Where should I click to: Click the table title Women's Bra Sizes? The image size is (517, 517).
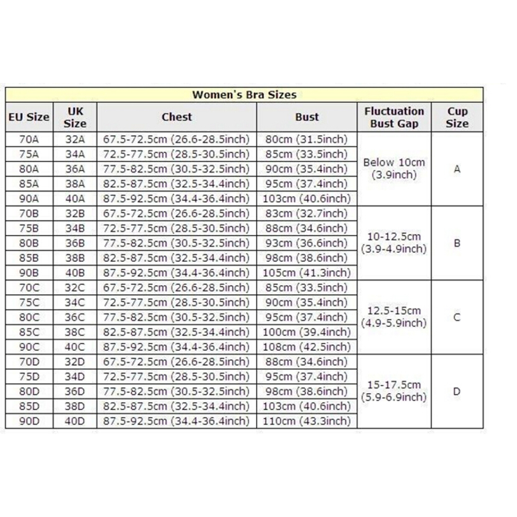point(244,94)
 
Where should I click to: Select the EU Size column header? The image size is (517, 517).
point(29,117)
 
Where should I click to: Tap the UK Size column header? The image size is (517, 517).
point(75,117)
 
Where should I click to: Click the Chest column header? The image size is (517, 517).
point(176,117)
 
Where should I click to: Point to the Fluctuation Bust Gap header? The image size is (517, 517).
point(394,117)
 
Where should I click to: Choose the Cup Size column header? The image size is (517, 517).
point(457,117)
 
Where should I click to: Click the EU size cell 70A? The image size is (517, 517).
point(29,139)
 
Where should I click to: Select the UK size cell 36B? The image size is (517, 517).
point(75,243)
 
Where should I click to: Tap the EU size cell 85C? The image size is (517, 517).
point(29,332)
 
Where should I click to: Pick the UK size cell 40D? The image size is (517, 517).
point(75,421)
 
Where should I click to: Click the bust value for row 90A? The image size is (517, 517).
point(307,199)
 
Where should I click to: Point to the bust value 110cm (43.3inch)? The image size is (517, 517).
point(307,421)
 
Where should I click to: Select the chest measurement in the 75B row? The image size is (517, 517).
point(176,229)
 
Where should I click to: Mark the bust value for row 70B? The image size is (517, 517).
point(307,214)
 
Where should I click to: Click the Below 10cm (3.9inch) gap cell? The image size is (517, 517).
point(394,169)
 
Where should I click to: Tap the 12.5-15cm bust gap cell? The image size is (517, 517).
point(394,317)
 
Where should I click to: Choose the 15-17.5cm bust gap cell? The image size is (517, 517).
point(394,391)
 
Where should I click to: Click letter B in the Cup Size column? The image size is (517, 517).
point(457,243)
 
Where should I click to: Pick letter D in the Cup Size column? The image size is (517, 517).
point(457,392)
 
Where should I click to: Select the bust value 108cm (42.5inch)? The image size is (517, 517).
point(307,347)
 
